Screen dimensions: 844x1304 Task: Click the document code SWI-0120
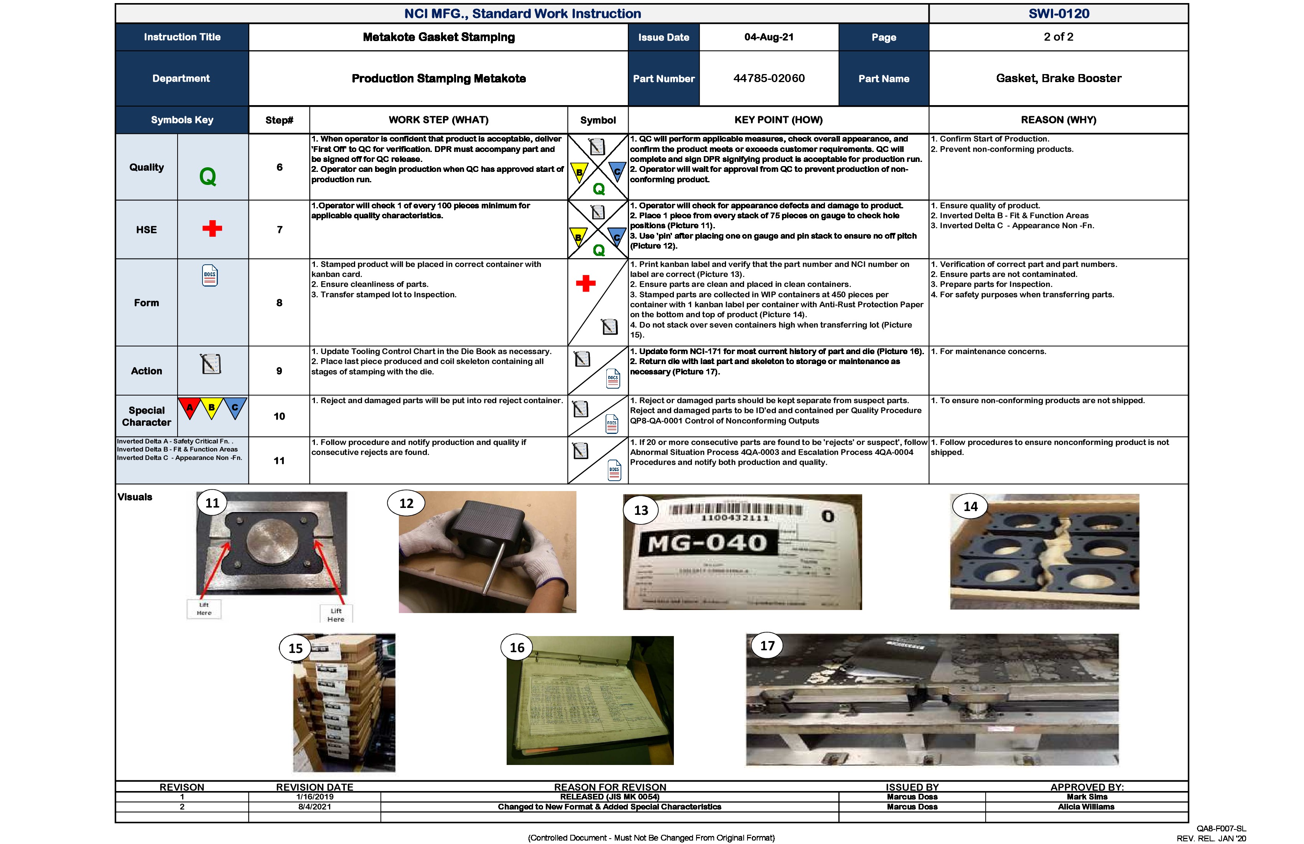[x=1059, y=14]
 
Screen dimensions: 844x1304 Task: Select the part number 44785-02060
[x=769, y=78]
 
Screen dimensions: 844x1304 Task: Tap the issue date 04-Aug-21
[x=769, y=37]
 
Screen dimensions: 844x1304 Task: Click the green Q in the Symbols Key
[x=207, y=176]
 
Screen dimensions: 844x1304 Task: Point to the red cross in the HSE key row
[x=212, y=229]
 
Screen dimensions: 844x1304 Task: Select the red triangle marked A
[x=189, y=408]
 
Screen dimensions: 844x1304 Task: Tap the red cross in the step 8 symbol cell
[x=586, y=284]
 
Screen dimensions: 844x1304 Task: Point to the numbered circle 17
[x=767, y=646]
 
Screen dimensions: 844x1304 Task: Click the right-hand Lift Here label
[x=336, y=614]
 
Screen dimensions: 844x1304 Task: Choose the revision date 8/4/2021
[x=314, y=807]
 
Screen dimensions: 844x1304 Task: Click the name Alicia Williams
[x=1086, y=807]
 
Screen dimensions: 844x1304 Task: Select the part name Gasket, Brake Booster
[x=1059, y=78]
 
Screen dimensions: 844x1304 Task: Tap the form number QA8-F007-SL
[x=1221, y=829]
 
